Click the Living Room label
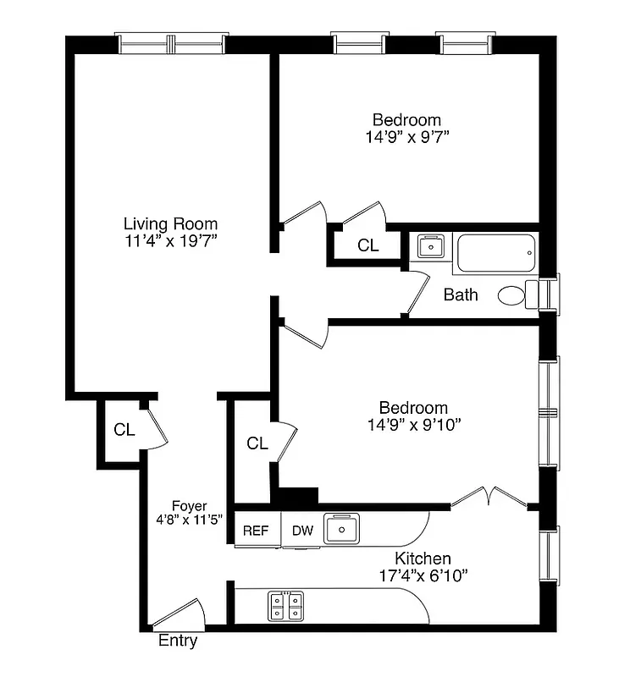point(170,224)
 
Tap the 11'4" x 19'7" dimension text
point(170,241)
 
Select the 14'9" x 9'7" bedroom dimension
point(406,135)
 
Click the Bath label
point(461,294)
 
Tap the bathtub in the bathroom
point(496,253)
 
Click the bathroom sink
point(432,246)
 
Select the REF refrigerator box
point(256,531)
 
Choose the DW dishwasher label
point(303,531)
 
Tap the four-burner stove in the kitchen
point(286,606)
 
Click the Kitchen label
point(423,559)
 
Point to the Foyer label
point(189,506)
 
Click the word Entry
point(178,641)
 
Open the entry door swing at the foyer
point(180,614)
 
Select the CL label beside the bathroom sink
point(367,245)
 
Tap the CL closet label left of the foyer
point(124,430)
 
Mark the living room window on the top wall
point(172,43)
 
